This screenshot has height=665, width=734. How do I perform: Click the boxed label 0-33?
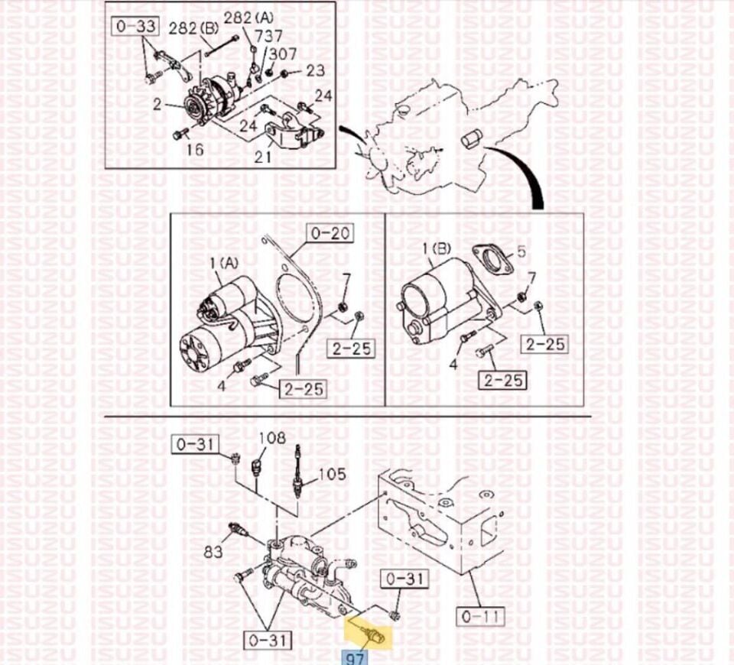pyautogui.click(x=135, y=26)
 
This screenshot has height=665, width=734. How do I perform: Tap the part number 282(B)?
pyautogui.click(x=193, y=29)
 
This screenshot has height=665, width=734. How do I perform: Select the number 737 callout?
pyautogui.click(x=268, y=36)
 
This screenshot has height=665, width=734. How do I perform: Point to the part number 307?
pyautogui.click(x=283, y=54)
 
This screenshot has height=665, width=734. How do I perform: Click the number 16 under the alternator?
pyautogui.click(x=195, y=149)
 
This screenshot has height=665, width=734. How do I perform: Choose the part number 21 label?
pyautogui.click(x=263, y=156)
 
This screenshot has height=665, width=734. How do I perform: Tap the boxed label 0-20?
pyautogui.click(x=330, y=232)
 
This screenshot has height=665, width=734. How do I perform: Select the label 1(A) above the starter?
pyautogui.click(x=224, y=264)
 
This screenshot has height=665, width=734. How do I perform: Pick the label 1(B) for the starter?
pyautogui.click(x=437, y=249)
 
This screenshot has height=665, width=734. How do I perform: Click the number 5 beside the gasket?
pyautogui.click(x=521, y=251)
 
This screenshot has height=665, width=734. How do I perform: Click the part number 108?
pyautogui.click(x=272, y=438)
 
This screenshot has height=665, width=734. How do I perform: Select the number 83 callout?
pyautogui.click(x=213, y=552)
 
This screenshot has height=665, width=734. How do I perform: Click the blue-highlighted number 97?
pyautogui.click(x=356, y=657)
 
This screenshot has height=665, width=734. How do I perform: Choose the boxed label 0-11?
pyautogui.click(x=481, y=616)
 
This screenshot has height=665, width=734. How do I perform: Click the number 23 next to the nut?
pyautogui.click(x=316, y=70)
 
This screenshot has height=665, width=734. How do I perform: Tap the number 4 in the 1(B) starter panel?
pyautogui.click(x=453, y=364)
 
